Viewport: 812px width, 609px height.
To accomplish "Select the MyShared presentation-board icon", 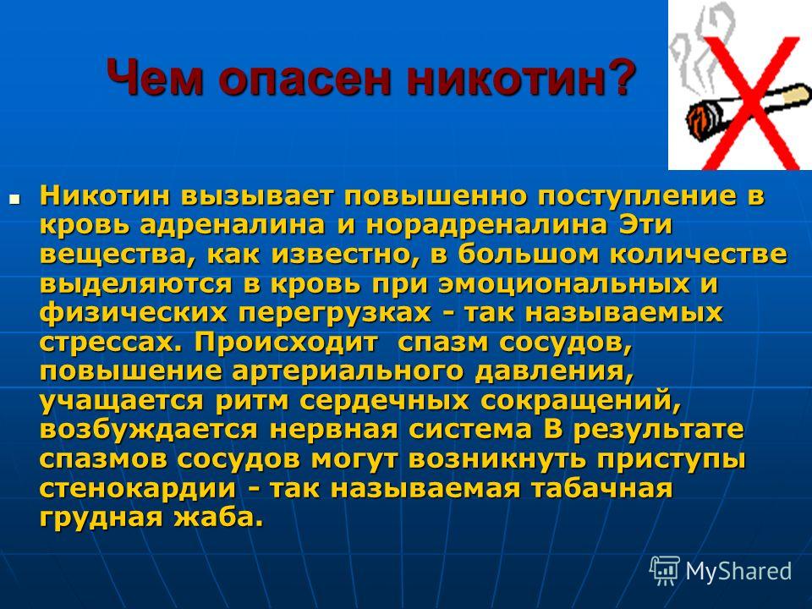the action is (x=665, y=570).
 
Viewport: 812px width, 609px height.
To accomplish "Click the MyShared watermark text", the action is (x=738, y=571).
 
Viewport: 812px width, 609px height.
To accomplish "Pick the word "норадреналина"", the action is (x=487, y=225).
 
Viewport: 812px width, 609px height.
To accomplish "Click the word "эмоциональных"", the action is (x=564, y=284).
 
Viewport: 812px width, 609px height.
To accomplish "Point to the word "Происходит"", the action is (x=287, y=343).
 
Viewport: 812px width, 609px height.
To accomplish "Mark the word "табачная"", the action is (x=601, y=488).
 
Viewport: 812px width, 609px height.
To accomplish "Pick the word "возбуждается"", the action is (x=148, y=431).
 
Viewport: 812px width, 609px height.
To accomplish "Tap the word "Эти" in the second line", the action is (x=645, y=224).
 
